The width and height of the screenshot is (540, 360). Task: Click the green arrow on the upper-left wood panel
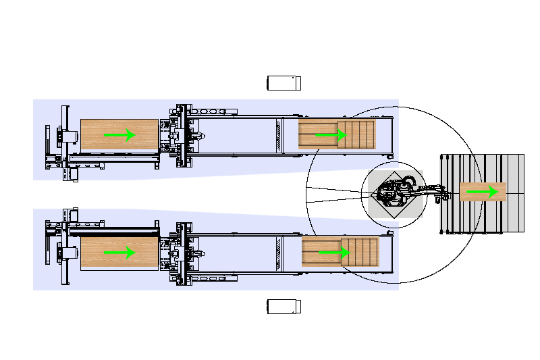[120, 135]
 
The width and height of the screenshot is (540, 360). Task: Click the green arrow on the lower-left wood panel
[120, 252]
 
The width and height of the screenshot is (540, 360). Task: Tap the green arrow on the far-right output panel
[483, 192]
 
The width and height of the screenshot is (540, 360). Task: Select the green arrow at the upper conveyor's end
[331, 135]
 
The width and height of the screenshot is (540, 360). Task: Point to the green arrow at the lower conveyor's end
[334, 252]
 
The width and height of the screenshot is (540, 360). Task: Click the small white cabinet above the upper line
[283, 83]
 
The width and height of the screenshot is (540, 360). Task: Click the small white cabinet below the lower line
[283, 307]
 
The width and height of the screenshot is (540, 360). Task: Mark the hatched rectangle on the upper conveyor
[278, 135]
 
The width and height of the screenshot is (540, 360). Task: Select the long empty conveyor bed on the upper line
[236, 135]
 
